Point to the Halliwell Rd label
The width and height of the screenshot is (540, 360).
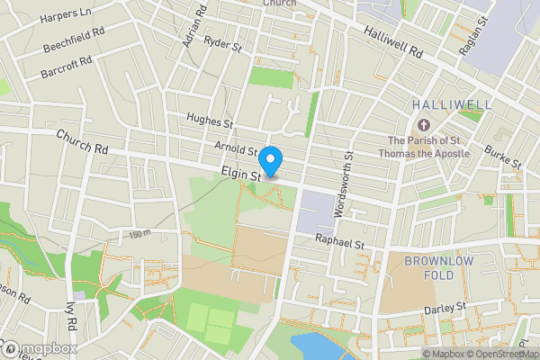(x=393, y=42)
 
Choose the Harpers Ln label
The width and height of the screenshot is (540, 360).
(x=71, y=13)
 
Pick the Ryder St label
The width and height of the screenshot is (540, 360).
(x=225, y=42)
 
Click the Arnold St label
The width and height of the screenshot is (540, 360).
(x=237, y=147)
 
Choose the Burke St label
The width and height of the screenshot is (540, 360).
(x=502, y=157)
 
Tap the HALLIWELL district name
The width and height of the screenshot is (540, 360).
(x=452, y=105)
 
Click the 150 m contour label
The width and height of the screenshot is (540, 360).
(x=139, y=235)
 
